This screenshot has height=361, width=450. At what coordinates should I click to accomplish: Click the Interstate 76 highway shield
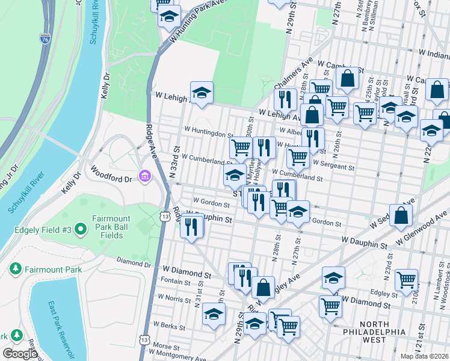45,39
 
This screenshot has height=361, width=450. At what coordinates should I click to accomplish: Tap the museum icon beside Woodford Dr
145,176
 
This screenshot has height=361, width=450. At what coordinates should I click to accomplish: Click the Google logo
20,354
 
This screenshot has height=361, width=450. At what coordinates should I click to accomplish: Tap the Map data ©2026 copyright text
424,356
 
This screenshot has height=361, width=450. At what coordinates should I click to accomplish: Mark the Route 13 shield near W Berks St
144,340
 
